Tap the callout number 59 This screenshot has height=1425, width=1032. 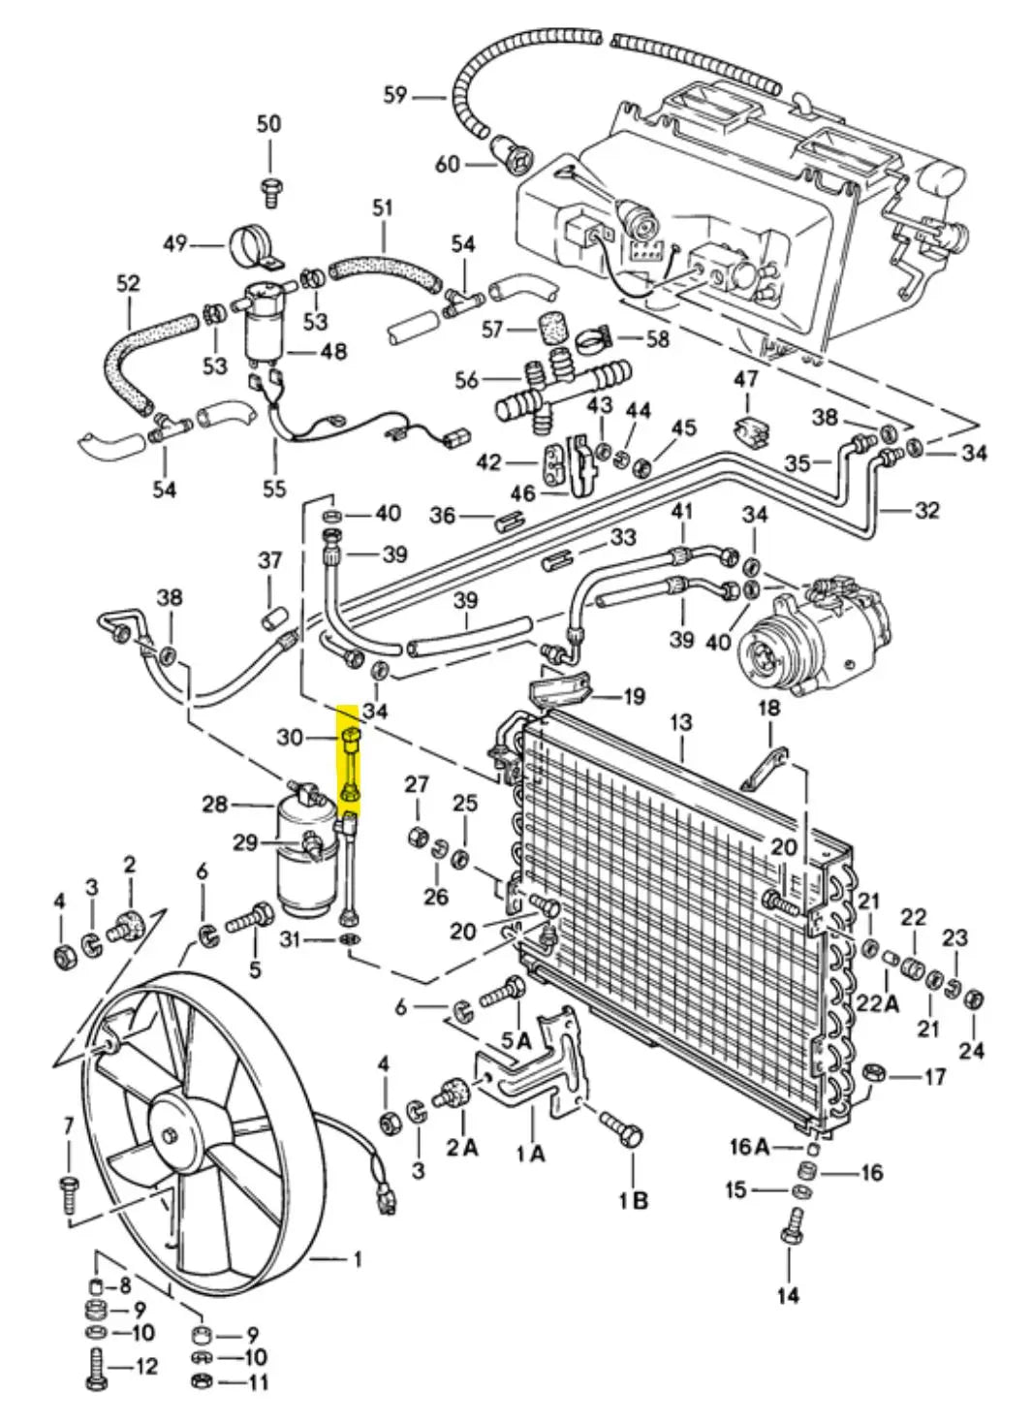tap(394, 95)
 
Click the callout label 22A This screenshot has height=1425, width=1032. tap(877, 1003)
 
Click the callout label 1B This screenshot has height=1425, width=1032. tap(634, 1200)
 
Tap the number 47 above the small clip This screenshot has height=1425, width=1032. tap(745, 379)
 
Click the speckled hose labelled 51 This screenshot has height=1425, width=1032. tap(383, 269)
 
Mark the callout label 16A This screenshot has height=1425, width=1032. tap(749, 1148)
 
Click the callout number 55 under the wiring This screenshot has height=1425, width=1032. tap(274, 489)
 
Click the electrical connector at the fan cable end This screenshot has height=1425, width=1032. tap(387, 1200)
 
